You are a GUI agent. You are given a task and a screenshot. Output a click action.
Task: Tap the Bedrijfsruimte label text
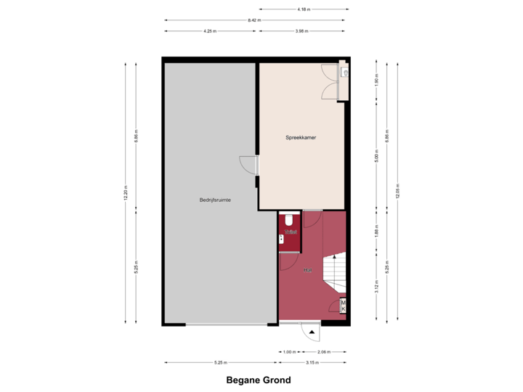(216, 200)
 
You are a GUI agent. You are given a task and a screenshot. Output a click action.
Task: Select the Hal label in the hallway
(308, 270)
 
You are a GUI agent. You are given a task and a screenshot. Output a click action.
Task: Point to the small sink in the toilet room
(282, 237)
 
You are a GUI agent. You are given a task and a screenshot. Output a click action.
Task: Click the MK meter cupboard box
(344, 306)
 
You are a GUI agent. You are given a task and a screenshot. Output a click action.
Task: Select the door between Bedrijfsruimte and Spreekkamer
(250, 165)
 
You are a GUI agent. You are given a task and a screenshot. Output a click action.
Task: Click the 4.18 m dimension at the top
(303, 9)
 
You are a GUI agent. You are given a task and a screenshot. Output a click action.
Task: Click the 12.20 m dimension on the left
(126, 192)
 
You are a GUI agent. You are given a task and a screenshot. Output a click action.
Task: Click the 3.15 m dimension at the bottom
(312, 362)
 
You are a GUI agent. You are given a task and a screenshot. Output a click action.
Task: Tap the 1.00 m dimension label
(289, 351)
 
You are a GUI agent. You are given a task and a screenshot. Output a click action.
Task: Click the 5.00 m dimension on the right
(376, 156)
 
